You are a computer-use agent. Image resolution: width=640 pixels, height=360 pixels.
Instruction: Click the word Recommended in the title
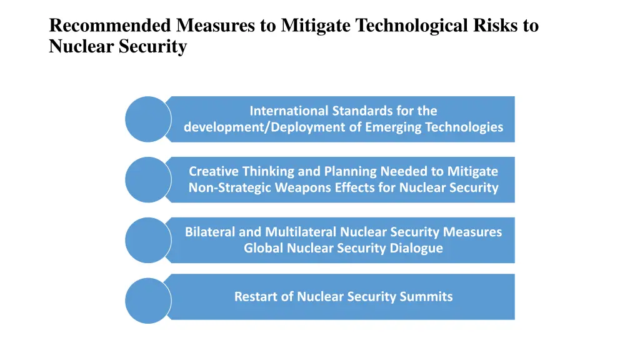pos(110,26)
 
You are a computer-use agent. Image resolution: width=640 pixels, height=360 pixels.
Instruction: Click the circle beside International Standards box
pos(148,119)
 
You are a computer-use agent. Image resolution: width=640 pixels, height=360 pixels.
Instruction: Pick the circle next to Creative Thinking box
pos(148,179)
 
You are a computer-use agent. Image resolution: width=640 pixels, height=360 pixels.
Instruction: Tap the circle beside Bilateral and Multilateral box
pos(148,240)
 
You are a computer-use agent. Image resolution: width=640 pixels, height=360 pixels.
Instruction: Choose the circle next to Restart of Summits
pos(148,301)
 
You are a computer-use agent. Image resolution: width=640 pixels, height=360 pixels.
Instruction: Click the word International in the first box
pos(289,111)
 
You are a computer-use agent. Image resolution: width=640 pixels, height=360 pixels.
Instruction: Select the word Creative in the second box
pos(213,171)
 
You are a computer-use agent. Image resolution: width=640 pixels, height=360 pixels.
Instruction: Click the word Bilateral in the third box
pos(210,232)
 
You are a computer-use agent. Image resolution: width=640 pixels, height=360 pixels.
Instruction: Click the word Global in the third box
pos(263,248)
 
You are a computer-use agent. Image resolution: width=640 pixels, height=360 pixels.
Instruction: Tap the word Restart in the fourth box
pos(254,297)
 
